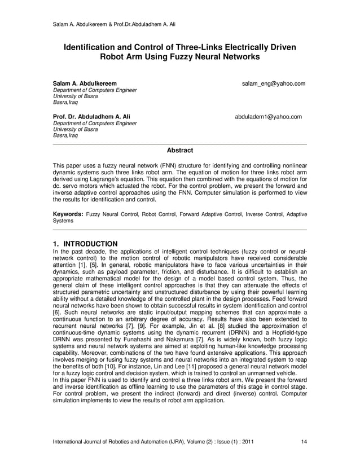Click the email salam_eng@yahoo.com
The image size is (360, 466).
[x=274, y=83]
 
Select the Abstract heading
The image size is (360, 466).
[x=180, y=151]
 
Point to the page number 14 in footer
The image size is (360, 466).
[x=305, y=441]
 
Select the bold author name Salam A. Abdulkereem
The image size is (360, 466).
[x=85, y=83]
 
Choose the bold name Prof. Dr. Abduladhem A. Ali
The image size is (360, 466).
[x=91, y=117]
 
